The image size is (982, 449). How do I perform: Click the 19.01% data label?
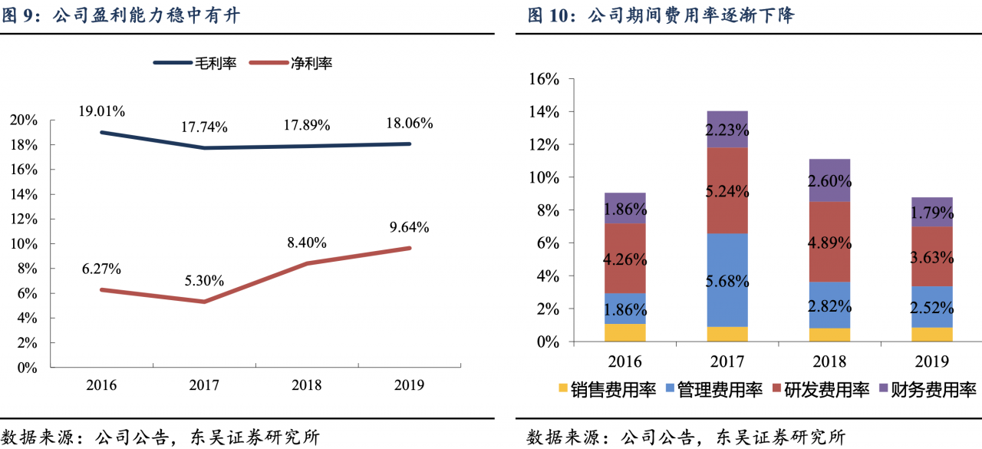[101, 111]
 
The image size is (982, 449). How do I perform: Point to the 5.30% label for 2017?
[204, 281]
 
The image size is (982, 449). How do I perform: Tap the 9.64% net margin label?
[409, 227]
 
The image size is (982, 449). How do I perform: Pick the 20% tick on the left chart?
[27, 120]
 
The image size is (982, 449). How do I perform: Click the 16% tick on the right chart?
[544, 79]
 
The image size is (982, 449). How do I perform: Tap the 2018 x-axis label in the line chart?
[306, 385]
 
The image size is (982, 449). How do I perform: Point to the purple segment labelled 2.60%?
[830, 180]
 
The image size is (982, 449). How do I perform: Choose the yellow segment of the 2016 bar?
[625, 332]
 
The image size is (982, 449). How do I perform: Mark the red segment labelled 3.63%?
[932, 256]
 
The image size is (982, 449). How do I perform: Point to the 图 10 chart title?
[660, 15]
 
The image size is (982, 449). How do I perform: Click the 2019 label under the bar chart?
[932, 361]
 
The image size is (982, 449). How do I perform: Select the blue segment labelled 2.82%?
[830, 305]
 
